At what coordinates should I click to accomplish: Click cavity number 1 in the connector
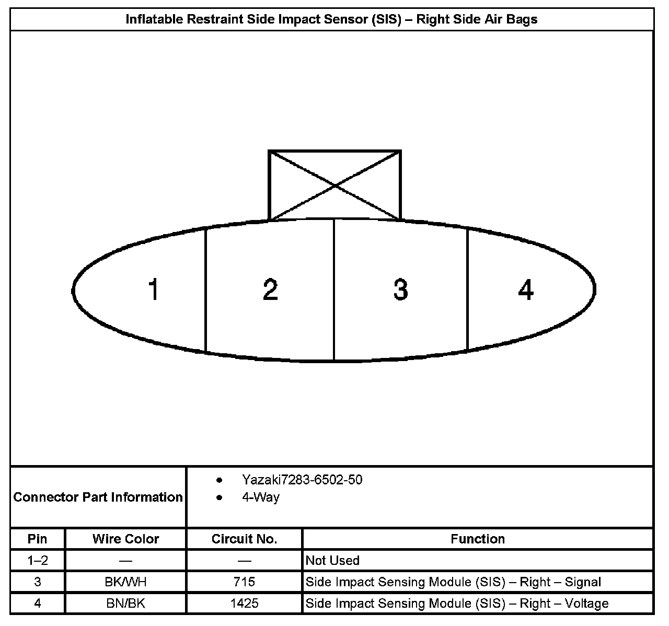click(x=153, y=289)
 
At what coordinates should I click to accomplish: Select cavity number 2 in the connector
click(x=270, y=289)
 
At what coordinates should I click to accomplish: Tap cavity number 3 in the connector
click(x=400, y=289)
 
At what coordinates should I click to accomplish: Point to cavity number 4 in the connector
click(x=526, y=289)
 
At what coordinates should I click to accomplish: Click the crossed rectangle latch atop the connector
click(x=334, y=185)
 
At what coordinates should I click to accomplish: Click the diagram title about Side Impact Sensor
click(x=332, y=19)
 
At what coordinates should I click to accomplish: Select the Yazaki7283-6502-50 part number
click(x=302, y=479)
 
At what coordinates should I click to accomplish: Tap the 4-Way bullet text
click(x=260, y=496)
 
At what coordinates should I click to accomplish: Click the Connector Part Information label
click(x=98, y=496)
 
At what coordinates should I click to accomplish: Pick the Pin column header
click(x=38, y=539)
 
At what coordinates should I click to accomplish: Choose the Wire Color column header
click(x=125, y=539)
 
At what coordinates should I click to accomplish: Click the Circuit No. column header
click(x=244, y=539)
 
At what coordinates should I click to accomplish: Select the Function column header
click(x=478, y=539)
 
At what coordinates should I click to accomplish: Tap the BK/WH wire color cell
click(x=125, y=582)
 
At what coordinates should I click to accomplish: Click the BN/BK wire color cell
click(x=125, y=604)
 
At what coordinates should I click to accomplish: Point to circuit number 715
click(x=244, y=582)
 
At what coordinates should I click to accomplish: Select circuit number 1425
click(x=244, y=604)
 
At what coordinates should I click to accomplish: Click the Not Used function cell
click(x=332, y=561)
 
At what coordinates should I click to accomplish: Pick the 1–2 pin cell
click(x=38, y=561)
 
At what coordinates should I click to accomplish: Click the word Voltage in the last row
click(x=586, y=604)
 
